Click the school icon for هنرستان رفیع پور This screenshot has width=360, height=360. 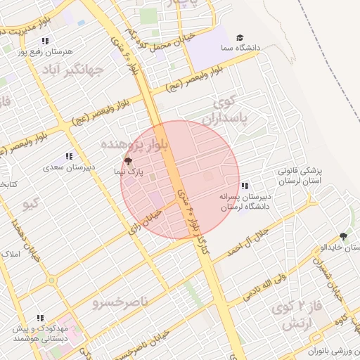coord(46,41)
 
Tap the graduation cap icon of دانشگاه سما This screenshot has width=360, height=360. coord(240,37)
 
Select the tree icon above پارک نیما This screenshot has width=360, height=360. coord(127,161)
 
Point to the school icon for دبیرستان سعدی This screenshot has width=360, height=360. coord(69,156)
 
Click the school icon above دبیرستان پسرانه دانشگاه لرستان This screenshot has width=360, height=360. coord(244,186)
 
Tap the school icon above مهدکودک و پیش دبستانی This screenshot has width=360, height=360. coord(40,318)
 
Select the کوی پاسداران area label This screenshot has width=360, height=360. coord(231,111)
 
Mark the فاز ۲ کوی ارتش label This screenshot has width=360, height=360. coord(309,315)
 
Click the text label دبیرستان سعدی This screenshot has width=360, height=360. coord(69,167)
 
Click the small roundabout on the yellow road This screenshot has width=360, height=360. coord(51,280)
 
